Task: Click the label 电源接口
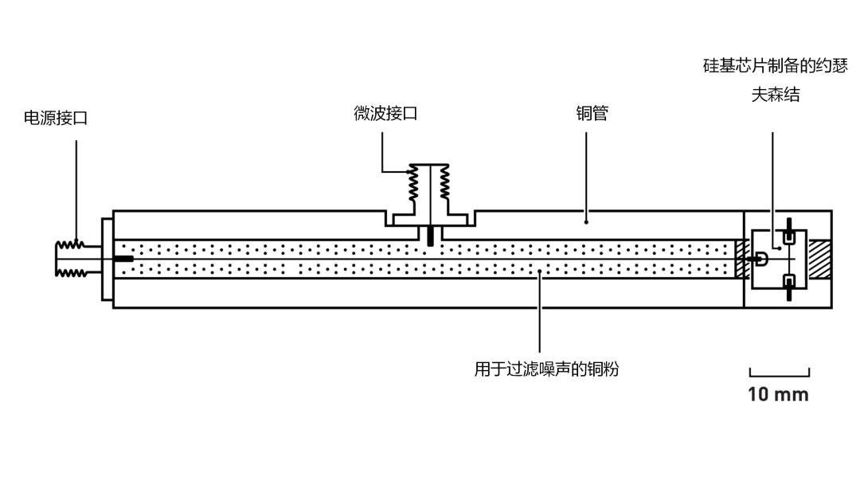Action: click(x=56, y=119)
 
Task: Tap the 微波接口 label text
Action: click(x=385, y=113)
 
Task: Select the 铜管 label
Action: click(x=592, y=113)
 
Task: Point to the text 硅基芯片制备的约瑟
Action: click(x=775, y=65)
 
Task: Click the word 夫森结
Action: click(x=775, y=95)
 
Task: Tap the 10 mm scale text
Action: click(x=778, y=394)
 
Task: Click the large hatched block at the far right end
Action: click(x=819, y=259)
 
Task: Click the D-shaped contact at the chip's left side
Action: click(x=761, y=259)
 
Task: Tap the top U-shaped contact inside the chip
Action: click(x=789, y=236)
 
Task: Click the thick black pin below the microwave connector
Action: click(x=430, y=236)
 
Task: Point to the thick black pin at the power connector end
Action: click(x=123, y=259)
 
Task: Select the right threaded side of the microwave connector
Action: click(x=444, y=183)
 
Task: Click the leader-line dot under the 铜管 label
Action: click(x=587, y=222)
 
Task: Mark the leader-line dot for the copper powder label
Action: click(x=540, y=272)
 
